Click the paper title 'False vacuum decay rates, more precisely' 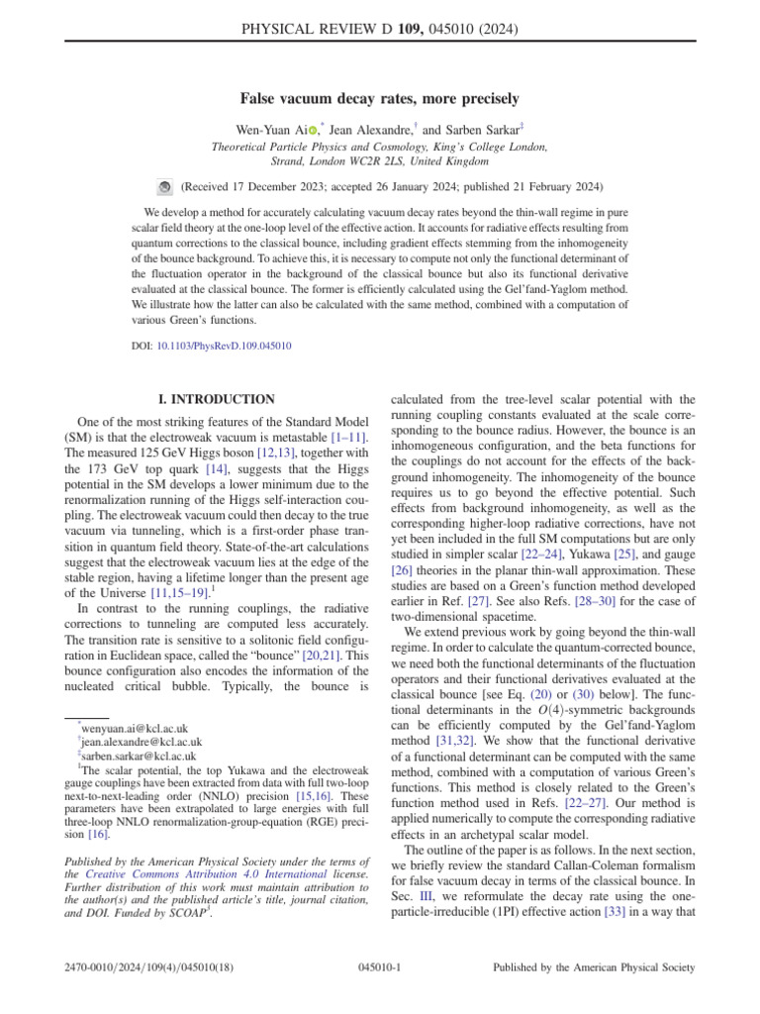[x=380, y=99]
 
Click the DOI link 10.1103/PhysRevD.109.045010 [x=225, y=347]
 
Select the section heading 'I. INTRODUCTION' [x=218, y=399]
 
